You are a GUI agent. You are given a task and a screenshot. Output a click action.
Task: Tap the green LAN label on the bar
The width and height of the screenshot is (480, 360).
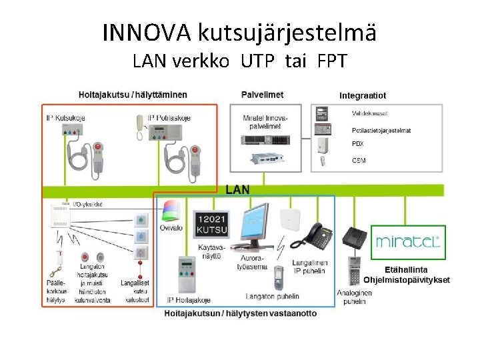coord(238,189)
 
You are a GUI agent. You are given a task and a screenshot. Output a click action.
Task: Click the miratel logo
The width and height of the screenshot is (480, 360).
coord(408,241)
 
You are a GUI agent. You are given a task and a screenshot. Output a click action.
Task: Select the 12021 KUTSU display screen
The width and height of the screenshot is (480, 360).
coord(211,225)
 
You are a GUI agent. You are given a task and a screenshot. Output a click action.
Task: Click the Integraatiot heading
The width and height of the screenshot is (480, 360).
coord(363,96)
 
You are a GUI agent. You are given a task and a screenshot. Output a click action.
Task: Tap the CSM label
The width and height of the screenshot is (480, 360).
coord(359,161)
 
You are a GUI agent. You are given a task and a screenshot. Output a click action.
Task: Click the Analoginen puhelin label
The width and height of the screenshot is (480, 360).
coord(355,297)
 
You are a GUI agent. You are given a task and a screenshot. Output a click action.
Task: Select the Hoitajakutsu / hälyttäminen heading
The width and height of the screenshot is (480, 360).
coord(133,95)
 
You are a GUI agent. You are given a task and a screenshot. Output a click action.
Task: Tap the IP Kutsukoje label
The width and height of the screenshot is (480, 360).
coord(65,118)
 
